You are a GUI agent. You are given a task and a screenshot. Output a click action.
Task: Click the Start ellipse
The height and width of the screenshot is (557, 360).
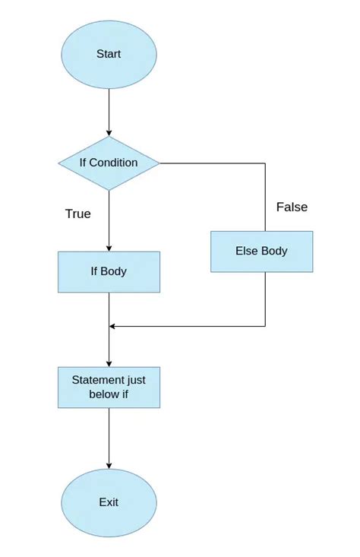pyautogui.click(x=109, y=55)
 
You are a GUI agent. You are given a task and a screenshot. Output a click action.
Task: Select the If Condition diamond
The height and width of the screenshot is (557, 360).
pyautogui.click(x=109, y=163)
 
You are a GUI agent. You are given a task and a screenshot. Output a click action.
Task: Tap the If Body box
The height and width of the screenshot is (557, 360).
pyautogui.click(x=109, y=271)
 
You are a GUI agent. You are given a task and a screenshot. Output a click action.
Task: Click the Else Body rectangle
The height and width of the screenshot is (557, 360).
pyautogui.click(x=261, y=251)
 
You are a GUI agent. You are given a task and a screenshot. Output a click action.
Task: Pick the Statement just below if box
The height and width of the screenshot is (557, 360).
pyautogui.click(x=109, y=387)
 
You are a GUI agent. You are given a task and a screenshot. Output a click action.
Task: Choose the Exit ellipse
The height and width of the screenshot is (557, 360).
pyautogui.click(x=109, y=502)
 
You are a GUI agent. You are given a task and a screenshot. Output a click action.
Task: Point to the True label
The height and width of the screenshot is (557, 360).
pyautogui.click(x=77, y=214)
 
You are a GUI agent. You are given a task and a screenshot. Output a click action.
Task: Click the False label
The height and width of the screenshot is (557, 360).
pyautogui.click(x=292, y=207)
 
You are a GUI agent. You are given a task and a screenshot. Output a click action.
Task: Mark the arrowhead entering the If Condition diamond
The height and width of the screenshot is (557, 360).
pyautogui.click(x=109, y=133)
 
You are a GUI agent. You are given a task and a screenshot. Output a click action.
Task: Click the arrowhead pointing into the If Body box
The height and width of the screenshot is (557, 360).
pyautogui.click(x=109, y=248)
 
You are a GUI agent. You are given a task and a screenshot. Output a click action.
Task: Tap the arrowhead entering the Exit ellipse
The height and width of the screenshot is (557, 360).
pyautogui.click(x=109, y=465)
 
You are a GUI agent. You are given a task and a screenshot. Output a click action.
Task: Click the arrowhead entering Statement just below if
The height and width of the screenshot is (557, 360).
pyautogui.click(x=109, y=363)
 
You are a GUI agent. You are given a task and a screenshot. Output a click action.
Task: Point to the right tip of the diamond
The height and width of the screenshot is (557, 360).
pyautogui.click(x=159, y=163)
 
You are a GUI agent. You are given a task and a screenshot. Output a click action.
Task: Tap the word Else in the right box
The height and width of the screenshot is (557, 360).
pyautogui.click(x=247, y=251)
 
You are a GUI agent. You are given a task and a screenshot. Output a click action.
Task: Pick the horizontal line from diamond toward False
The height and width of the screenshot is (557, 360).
pyautogui.click(x=213, y=163)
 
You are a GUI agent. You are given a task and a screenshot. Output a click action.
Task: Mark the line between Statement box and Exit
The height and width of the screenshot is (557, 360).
pyautogui.click(x=109, y=437)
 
